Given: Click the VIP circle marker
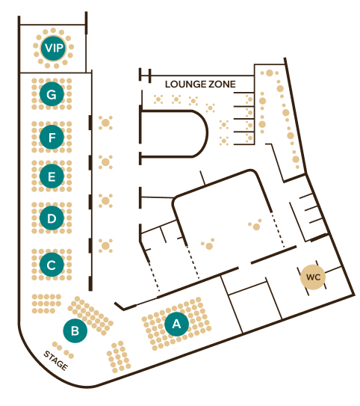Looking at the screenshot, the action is (54, 48).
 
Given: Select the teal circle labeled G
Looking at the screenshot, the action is (52, 93).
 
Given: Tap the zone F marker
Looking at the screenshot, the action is (52, 137).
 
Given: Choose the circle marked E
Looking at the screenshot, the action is (52, 176).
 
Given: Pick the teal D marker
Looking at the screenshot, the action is (52, 218).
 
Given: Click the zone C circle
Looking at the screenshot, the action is (52, 265).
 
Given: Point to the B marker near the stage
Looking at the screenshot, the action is (75, 330).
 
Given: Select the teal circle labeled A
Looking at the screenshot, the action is (176, 324).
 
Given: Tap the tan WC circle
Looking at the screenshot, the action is (313, 277).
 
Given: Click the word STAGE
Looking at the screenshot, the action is (56, 360).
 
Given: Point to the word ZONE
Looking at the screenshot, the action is (222, 84).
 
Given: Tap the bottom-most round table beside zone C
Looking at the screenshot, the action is (105, 245).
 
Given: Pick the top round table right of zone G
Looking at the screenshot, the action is (105, 123).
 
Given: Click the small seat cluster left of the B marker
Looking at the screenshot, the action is (46, 304).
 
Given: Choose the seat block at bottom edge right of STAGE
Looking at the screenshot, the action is (119, 357).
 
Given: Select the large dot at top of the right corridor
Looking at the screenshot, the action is (270, 73).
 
